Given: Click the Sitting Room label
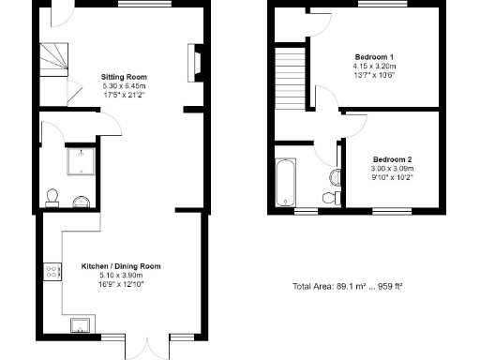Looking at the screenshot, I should click(x=124, y=77).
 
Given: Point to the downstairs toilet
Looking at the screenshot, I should click(x=53, y=197).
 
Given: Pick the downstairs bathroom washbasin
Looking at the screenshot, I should click(x=80, y=199).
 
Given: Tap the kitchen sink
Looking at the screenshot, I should click(x=82, y=325).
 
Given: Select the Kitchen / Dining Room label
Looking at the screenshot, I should click(x=120, y=266).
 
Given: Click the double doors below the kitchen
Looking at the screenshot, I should click(x=148, y=347).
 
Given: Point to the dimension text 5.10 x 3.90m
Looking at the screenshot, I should click(x=120, y=276).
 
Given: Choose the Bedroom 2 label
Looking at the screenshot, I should click(x=391, y=158).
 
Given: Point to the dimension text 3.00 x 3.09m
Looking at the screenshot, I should click(x=391, y=168).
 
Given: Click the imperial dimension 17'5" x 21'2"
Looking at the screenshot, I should click(x=124, y=94).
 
